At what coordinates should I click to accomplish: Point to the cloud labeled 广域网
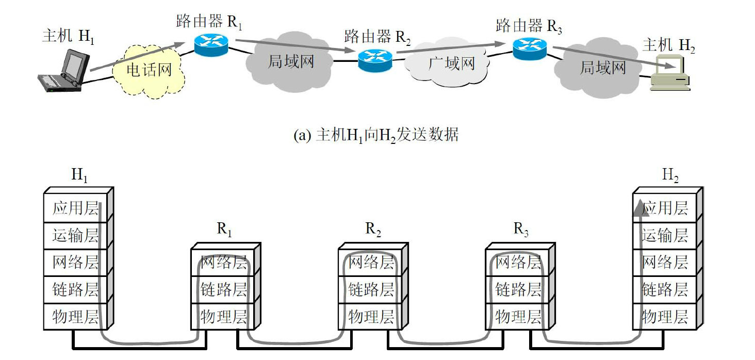pyautogui.click(x=450, y=64)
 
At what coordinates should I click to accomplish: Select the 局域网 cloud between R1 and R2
pyautogui.click(x=290, y=61)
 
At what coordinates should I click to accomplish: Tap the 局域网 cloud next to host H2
pyautogui.click(x=602, y=67)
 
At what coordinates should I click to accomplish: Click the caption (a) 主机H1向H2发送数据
pyautogui.click(x=375, y=135)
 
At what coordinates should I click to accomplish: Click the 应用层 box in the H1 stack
pyautogui.click(x=75, y=208)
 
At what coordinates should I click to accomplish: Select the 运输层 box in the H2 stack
pyautogui.click(x=665, y=236)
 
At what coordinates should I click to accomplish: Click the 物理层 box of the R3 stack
pyautogui.click(x=518, y=316)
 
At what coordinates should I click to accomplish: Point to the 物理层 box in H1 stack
pyautogui.click(x=75, y=316)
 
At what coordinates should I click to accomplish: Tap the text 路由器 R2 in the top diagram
pyautogui.click(x=378, y=36)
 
